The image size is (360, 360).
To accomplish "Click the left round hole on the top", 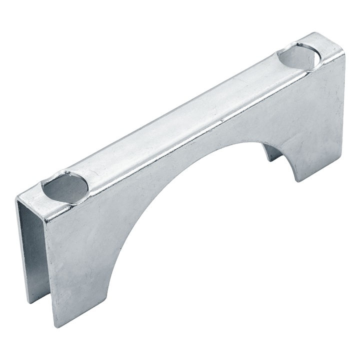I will (65, 187).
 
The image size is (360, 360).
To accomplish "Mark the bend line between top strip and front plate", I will (200, 131).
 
